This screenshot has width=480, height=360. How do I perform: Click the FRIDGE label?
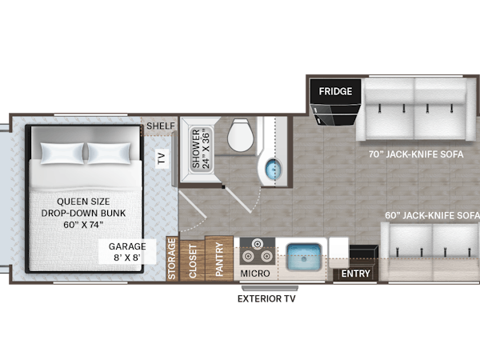click(x=335, y=91)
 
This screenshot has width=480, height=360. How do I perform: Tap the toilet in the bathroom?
click(x=241, y=134)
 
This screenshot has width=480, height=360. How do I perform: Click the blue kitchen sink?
click(x=304, y=257)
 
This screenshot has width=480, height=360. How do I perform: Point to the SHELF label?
click(x=161, y=126)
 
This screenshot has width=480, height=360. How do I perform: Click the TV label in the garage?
click(x=162, y=158)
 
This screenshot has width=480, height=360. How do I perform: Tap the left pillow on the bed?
click(x=62, y=153)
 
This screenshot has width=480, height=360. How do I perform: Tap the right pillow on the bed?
click(x=109, y=153)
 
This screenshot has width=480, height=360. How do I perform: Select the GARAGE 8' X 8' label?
click(x=127, y=252)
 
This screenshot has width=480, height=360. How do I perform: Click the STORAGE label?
click(x=172, y=259)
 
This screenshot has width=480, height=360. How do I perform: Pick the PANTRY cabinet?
click(x=219, y=258)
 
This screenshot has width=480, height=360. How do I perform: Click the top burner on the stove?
click(x=257, y=244)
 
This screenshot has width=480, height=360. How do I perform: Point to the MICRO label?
click(x=255, y=274)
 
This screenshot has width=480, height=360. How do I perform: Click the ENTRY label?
click(x=356, y=274)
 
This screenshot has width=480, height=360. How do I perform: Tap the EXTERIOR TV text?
click(x=266, y=298)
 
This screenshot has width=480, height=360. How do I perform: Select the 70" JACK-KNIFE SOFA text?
click(x=416, y=154)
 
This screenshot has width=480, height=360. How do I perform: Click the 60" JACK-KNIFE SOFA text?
click(x=432, y=215)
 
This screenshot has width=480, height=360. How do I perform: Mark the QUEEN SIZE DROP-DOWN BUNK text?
click(x=83, y=213)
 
